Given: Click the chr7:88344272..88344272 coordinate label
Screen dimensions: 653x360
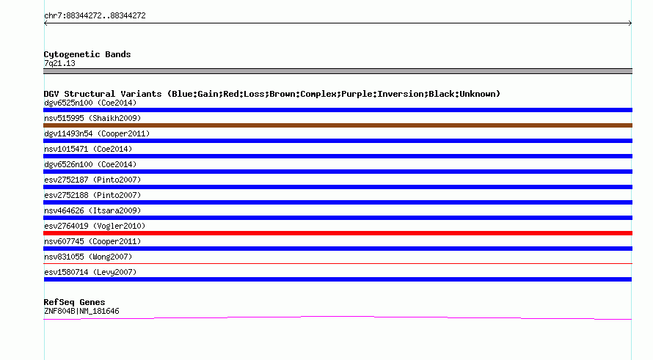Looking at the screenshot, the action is point(95,16).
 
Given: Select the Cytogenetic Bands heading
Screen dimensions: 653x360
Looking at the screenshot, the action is point(87,54).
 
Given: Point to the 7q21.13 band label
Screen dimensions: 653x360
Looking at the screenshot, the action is point(59,63).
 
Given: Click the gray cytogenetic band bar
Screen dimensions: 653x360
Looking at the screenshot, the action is point(338,71).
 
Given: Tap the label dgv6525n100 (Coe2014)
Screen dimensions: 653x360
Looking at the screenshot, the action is point(90,103).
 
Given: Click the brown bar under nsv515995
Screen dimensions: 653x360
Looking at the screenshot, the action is point(338,125).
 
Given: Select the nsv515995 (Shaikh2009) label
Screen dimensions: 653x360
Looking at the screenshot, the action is point(92,118).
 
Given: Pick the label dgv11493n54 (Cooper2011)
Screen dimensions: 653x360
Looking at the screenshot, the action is point(97,133).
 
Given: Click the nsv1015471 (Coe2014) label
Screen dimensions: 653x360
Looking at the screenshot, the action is point(88,149).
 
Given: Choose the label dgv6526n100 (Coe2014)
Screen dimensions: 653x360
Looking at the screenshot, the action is point(90,164).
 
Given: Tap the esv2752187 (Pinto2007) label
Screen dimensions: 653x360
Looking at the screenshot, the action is point(92,180).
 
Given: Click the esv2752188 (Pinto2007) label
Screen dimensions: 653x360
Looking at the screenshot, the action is point(92,195).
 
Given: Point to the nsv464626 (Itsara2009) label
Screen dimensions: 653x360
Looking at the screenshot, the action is point(92,210).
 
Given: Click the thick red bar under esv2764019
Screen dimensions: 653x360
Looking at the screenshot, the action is point(338,233).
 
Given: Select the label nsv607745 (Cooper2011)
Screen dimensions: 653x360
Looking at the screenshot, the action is point(92,241).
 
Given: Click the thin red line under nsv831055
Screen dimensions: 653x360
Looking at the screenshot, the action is point(338,263).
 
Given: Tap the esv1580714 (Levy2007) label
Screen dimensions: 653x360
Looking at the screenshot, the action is point(90,272).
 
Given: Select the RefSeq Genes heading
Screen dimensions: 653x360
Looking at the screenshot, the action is point(75,302).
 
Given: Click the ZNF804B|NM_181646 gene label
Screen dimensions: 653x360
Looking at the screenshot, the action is point(81,312).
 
